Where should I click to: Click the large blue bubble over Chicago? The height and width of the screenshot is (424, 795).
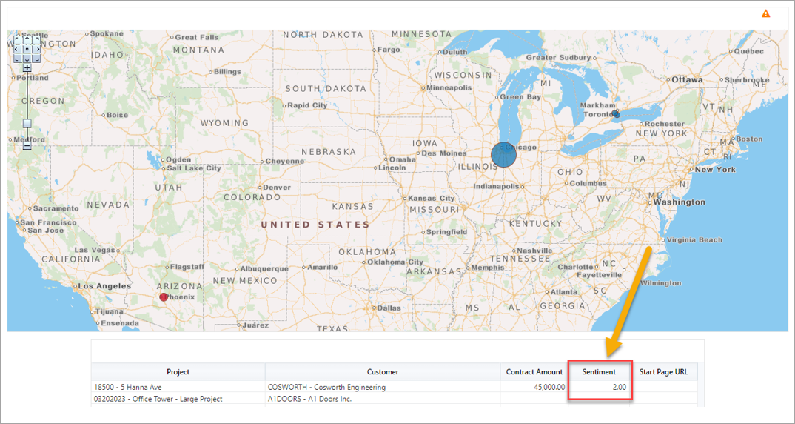tap(503, 154)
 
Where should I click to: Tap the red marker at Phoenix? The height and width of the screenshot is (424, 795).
tap(164, 297)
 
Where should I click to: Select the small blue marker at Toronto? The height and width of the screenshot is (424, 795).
tap(616, 114)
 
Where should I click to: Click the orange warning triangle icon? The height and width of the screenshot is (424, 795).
tap(765, 13)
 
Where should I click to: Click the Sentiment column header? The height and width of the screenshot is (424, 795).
tap(599, 372)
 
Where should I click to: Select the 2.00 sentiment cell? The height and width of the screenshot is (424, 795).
tap(600, 387)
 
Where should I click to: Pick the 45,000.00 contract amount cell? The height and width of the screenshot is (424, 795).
tap(534, 387)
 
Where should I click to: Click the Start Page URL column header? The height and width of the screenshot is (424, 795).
tap(663, 372)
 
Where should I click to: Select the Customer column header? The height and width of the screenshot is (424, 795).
tap(382, 372)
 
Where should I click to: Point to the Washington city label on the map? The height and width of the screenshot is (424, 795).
tap(679, 202)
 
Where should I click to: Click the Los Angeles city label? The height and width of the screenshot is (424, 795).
tap(104, 286)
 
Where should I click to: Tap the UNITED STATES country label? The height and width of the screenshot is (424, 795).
tap(315, 225)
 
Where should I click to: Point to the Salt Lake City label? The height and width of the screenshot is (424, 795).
tap(193, 168)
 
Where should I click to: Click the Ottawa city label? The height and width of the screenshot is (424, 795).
tap(687, 79)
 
